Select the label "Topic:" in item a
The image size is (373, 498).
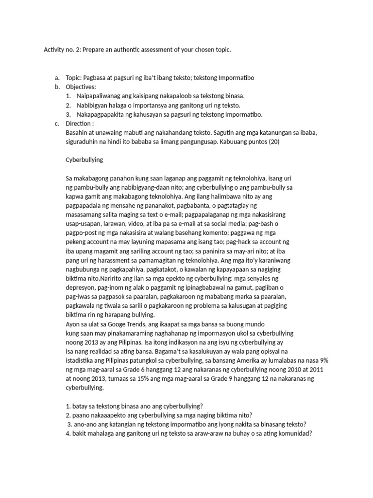[x=74, y=78]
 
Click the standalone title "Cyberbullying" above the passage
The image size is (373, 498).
[x=84, y=160]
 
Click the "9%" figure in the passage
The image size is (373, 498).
[x=323, y=361]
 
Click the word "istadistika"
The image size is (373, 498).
[x=82, y=361]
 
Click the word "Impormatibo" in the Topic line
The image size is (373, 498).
[x=235, y=78]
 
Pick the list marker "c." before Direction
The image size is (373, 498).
[x=57, y=124]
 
